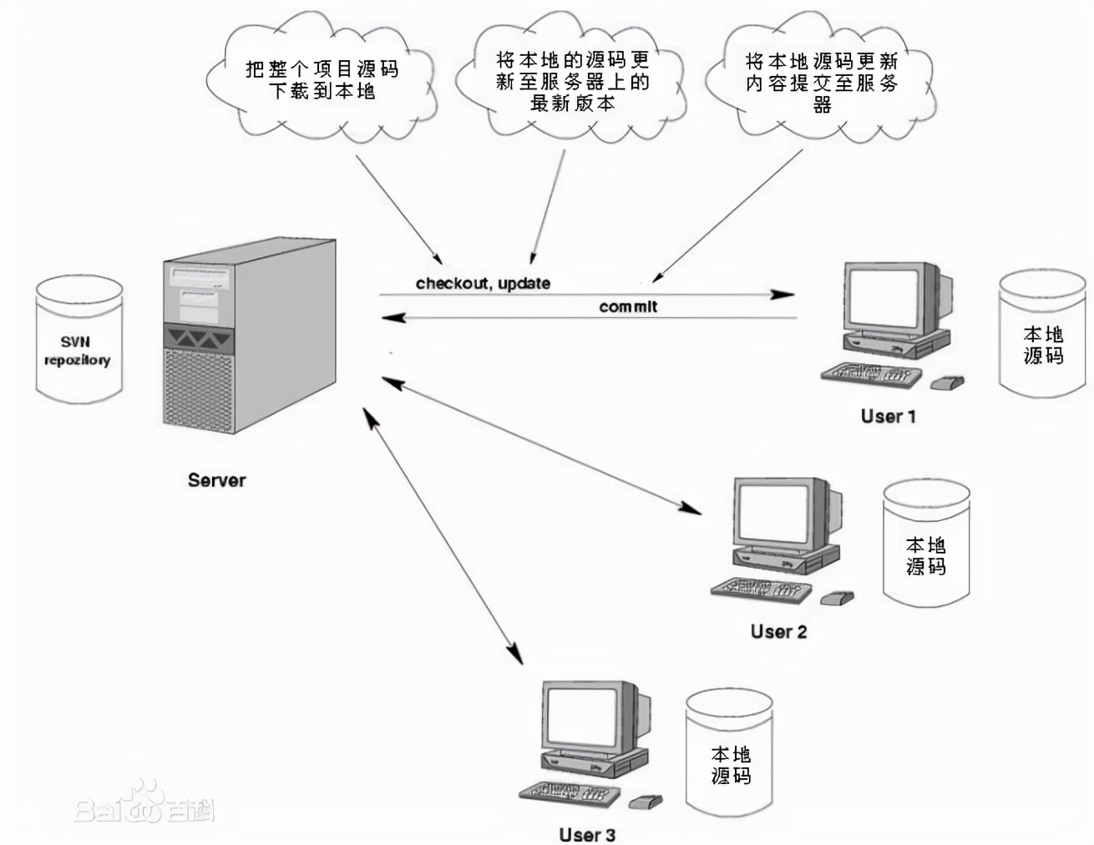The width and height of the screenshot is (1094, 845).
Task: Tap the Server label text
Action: tap(216, 480)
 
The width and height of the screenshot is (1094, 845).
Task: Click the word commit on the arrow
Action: tap(628, 307)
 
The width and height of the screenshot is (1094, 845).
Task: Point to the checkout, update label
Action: tap(483, 284)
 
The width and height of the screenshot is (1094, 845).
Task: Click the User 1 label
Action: tap(888, 416)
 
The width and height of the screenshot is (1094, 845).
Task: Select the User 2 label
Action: tap(778, 632)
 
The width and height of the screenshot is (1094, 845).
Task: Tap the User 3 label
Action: tap(587, 834)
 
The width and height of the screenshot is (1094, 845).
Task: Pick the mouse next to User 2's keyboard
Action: tap(837, 599)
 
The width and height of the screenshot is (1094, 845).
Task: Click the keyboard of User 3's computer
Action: tap(568, 794)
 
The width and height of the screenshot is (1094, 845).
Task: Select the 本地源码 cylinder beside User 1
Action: tap(1042, 334)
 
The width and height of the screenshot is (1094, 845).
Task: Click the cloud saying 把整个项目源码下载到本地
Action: tap(322, 80)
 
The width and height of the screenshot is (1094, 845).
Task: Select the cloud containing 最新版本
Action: tap(572, 80)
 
